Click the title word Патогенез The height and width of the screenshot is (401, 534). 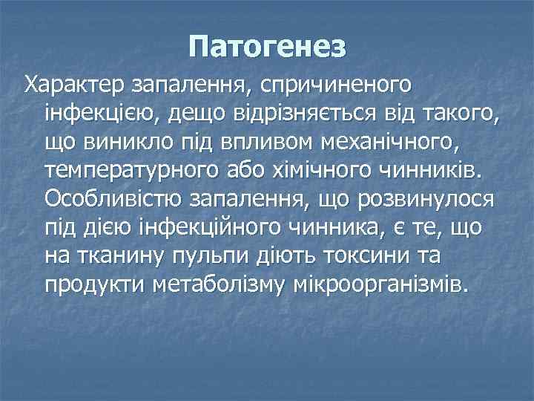tap(267, 47)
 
